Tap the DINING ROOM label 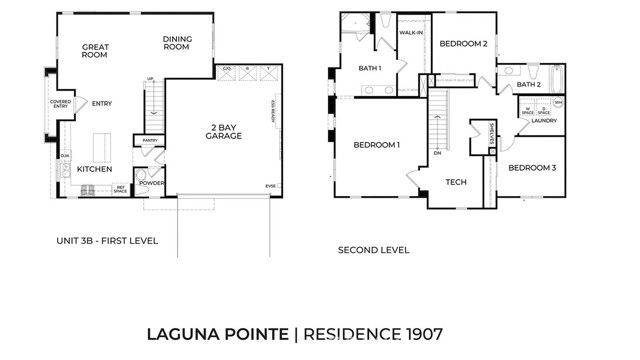coord(177,43)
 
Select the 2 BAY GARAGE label coord(225,130)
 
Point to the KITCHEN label coord(94,169)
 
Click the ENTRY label coord(101,103)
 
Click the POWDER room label coord(152,183)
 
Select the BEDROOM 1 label coord(377,145)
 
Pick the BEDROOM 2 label coord(464,44)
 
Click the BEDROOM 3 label coord(532,168)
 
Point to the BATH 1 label coord(370,68)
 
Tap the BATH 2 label coord(529,85)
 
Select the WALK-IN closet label coord(412,33)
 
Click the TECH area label coord(456,182)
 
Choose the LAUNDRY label coord(543,120)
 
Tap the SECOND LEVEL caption coord(373,250)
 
